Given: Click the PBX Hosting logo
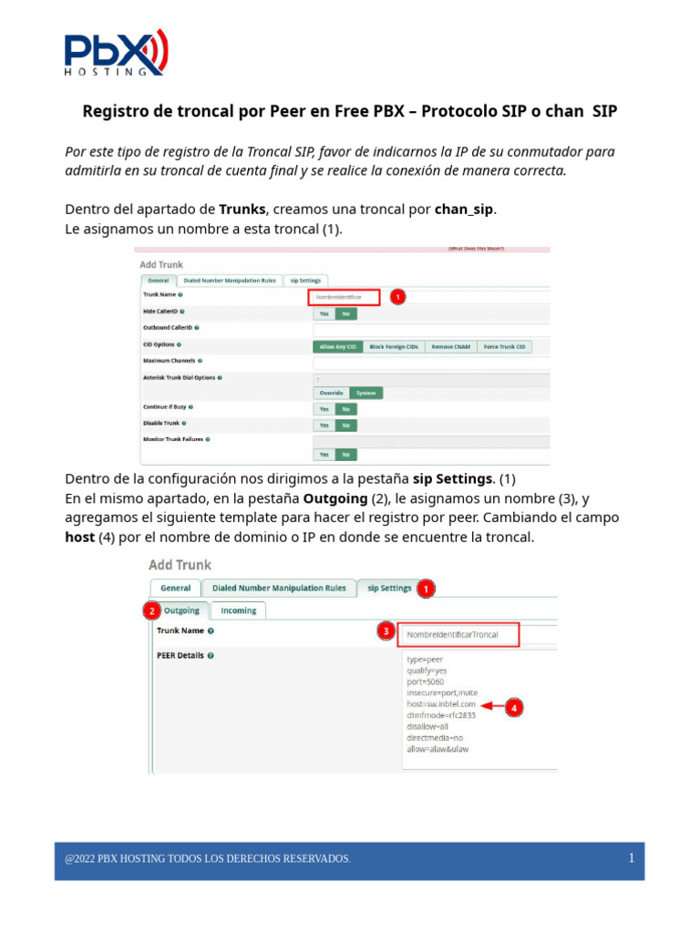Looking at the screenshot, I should point(115,52).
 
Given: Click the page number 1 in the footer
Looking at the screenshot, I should point(631,858).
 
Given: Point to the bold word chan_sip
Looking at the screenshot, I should point(464,209).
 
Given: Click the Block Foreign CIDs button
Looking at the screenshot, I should point(394,346).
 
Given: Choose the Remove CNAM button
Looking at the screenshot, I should point(451,346).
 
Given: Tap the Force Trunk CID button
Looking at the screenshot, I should point(505,346).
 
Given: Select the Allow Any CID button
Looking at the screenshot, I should point(337,346).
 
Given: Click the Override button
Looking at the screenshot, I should point(331,394).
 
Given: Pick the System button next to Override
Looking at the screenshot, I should point(366,394).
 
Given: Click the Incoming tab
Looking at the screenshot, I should point(239,610).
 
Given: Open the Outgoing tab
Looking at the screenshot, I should point(181,610).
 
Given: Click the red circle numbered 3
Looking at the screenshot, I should point(386,631).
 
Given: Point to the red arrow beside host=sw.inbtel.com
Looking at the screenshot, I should point(491,705).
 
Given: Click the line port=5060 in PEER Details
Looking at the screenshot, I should point(425,682).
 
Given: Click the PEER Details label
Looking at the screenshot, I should point(180,655).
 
